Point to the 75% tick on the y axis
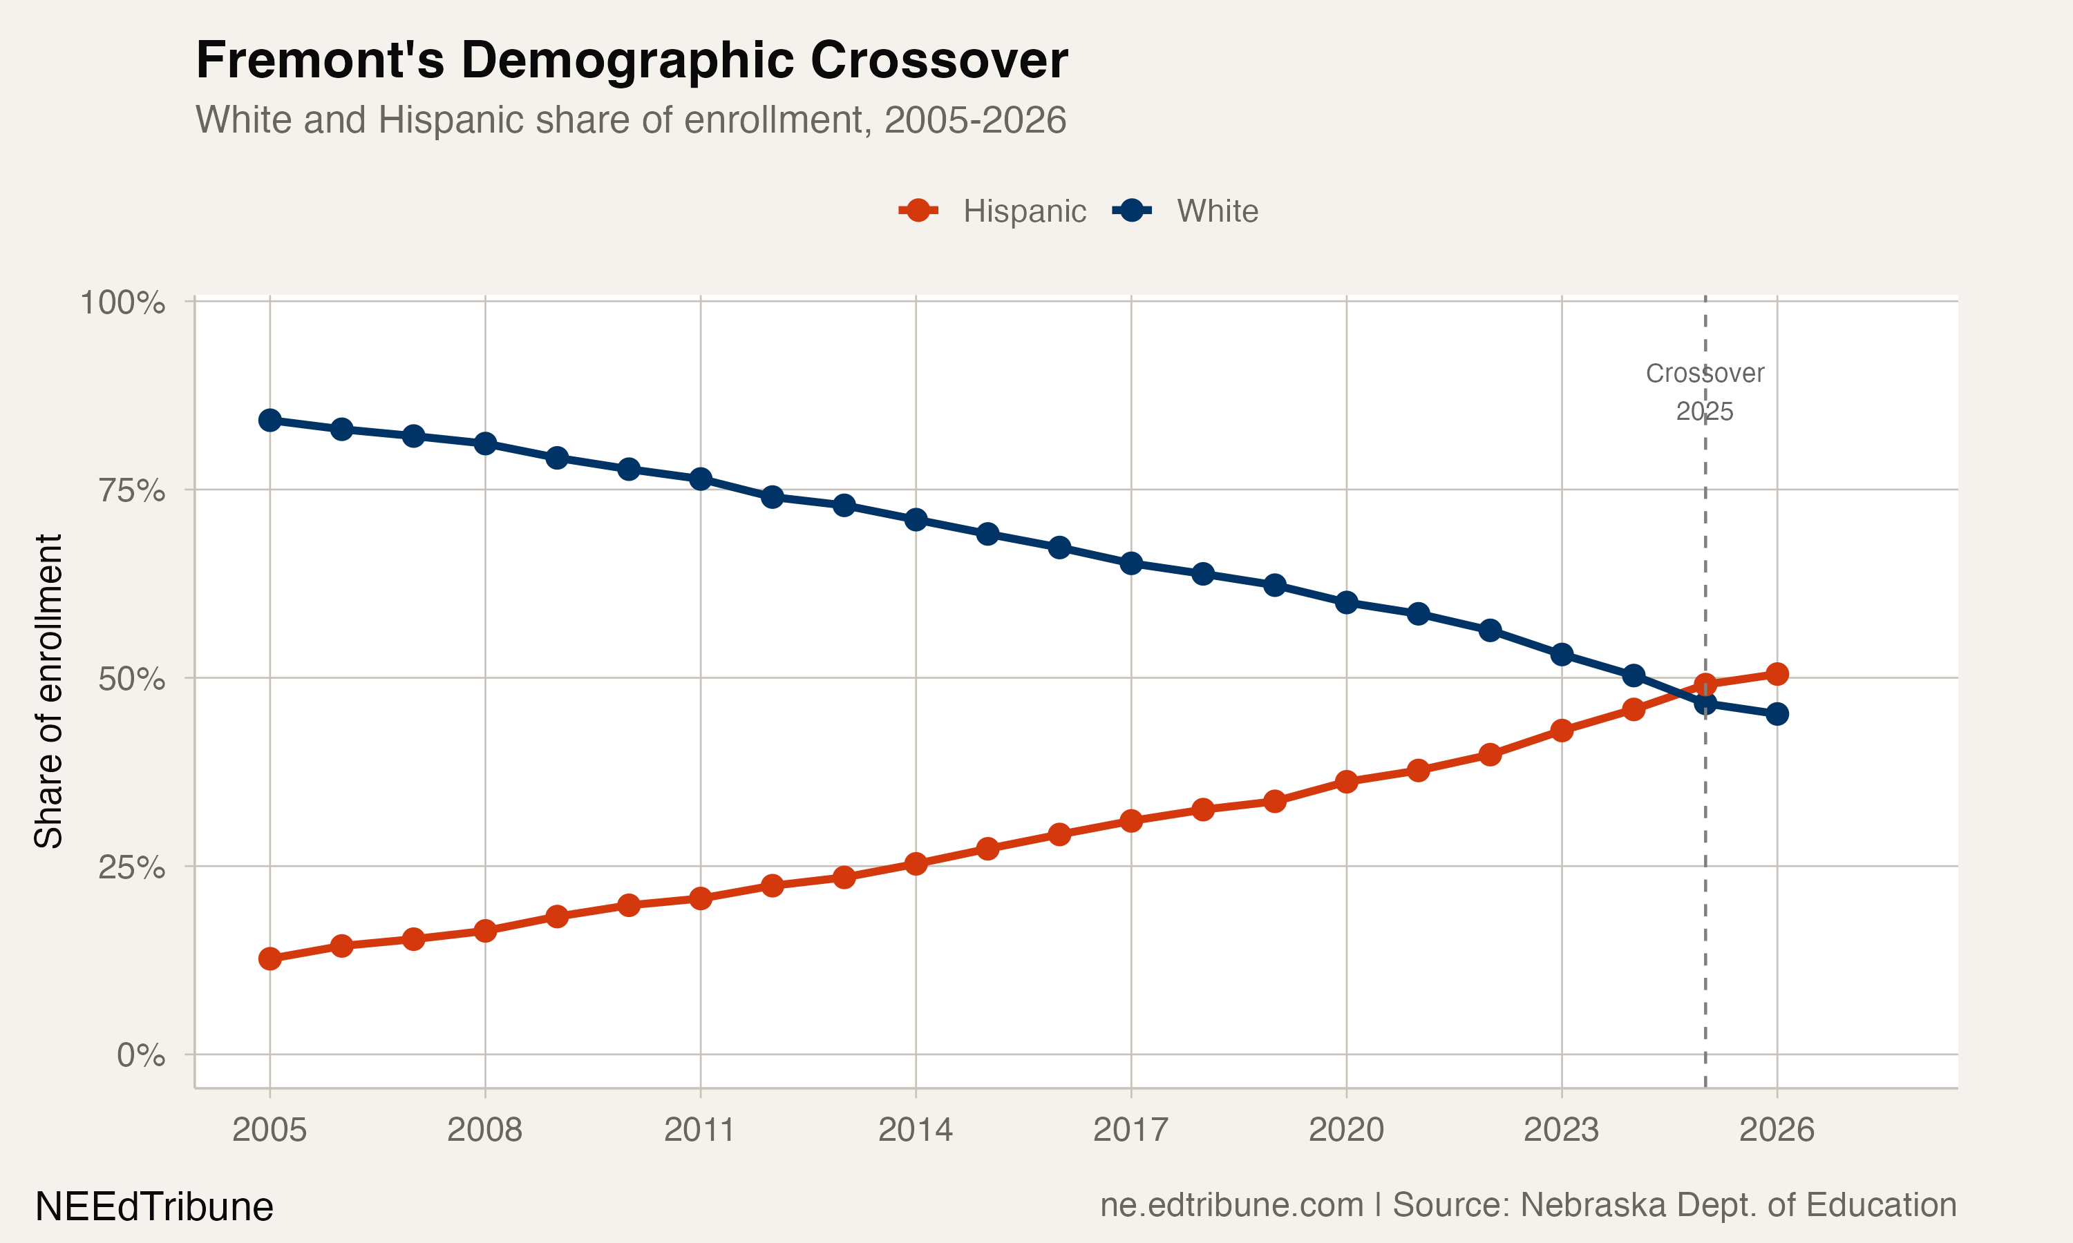pos(131,490)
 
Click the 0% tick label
pos(140,1055)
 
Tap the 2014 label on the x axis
pos(915,1130)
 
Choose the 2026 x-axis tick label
pos(1777,1130)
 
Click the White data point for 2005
pos(269,420)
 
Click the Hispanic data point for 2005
pos(269,958)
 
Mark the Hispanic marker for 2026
pos(1777,673)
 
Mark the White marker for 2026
pos(1777,713)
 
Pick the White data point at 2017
pos(1131,563)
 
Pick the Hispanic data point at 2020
pos(1347,782)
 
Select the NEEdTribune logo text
pos(154,1207)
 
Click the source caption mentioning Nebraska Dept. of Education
pos(1528,1204)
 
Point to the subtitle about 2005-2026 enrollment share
pos(631,119)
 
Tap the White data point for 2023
pos(1561,654)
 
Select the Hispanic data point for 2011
pos(701,898)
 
